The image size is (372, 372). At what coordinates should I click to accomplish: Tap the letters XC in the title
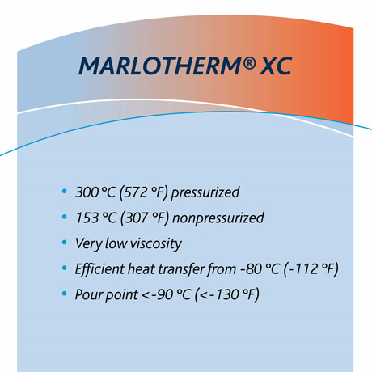(271, 66)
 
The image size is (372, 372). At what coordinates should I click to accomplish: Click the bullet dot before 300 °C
(65, 192)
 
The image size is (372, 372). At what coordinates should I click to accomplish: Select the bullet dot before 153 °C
(65, 218)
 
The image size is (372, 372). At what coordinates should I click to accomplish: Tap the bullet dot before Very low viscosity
(65, 243)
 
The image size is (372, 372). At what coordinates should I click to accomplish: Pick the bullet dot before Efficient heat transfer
(65, 268)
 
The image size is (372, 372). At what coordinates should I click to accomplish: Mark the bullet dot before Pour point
(65, 293)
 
